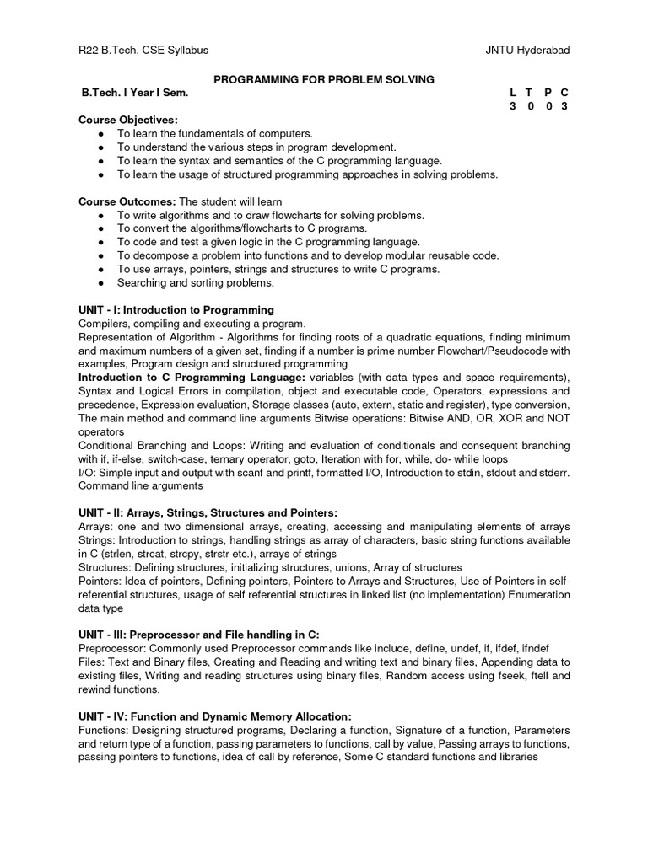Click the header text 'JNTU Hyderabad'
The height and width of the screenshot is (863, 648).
click(x=528, y=51)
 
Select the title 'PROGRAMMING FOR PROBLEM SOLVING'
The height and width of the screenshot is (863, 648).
click(x=324, y=79)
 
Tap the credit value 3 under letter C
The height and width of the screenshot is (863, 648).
click(x=564, y=106)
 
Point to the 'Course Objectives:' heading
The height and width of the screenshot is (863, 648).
click(x=128, y=121)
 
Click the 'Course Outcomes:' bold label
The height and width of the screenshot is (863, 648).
click(x=127, y=202)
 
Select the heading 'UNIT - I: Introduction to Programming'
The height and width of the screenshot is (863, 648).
click(x=176, y=310)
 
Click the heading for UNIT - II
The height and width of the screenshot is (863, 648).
click(x=208, y=512)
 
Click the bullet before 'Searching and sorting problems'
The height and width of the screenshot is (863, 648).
click(x=101, y=283)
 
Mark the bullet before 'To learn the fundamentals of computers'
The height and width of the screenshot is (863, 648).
click(x=101, y=134)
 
